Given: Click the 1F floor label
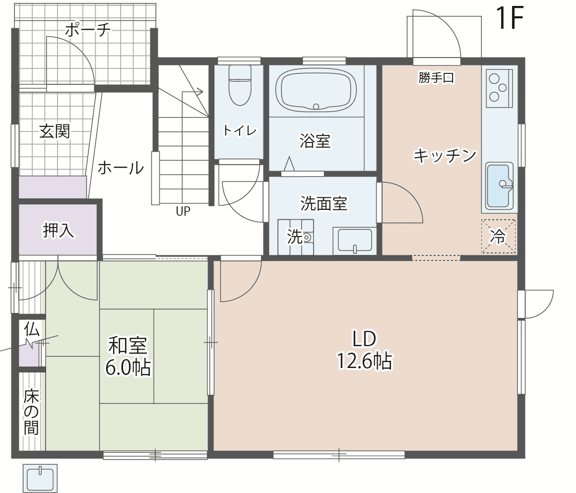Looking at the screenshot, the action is pos(509,18).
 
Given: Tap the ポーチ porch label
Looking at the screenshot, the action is pos(88,29).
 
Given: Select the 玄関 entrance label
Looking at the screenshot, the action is pos(55,131).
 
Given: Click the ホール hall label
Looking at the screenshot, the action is pos(121,168).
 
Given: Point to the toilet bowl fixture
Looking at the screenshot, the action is pos(240,86).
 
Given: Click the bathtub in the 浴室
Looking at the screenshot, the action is pos(316,90).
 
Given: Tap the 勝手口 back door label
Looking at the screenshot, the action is pos(436,77).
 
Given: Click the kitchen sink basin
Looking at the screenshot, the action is pos(499,186).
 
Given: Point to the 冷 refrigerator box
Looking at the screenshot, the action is pos(498,236).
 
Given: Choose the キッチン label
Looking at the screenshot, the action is pos(445,155).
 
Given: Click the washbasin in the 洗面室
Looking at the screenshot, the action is pos(355,241).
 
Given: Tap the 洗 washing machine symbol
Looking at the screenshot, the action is pos(296,237).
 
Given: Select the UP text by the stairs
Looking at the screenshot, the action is pos(183,211).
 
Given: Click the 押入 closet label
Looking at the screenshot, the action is pos(59,230).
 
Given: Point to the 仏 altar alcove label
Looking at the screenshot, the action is pos(32,329).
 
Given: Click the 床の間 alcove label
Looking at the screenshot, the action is pos(31,412).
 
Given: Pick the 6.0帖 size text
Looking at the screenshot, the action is pos(128,368).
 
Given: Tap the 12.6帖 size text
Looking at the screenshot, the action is pos(365,361).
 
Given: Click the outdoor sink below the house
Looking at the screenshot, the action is pos(40,478).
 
